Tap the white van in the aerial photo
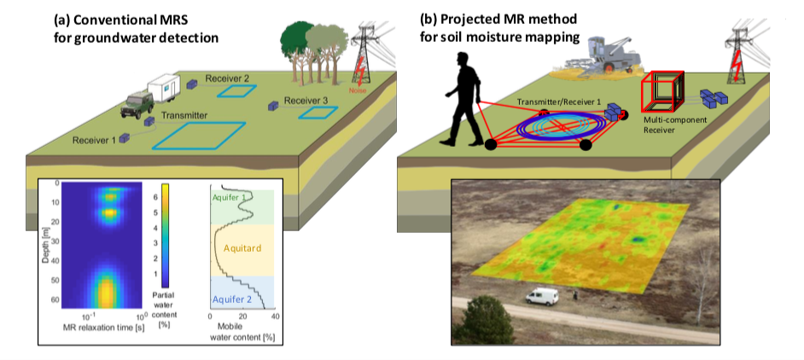(542, 296)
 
